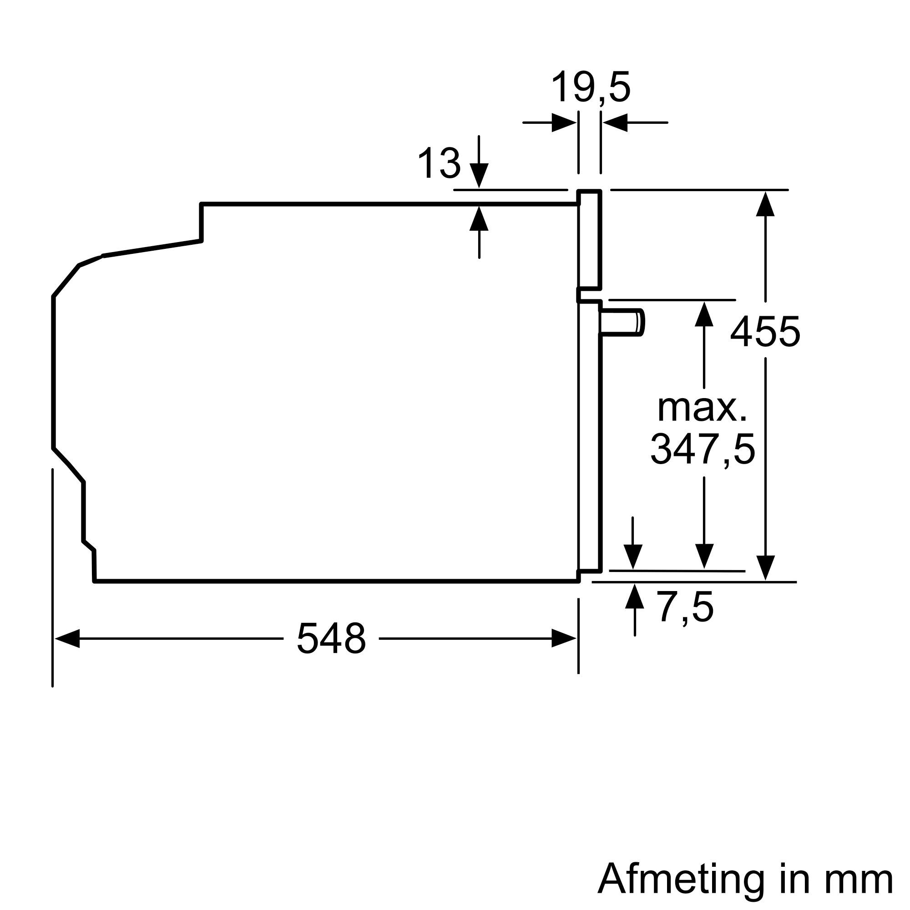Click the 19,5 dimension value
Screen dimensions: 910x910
click(590, 88)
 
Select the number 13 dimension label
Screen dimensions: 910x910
click(439, 163)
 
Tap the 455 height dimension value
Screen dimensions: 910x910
click(765, 332)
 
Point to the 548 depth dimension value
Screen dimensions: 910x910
click(331, 639)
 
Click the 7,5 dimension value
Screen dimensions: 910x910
click(686, 607)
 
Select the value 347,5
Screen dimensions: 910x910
click(702, 450)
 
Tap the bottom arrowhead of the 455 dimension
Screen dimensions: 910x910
click(765, 567)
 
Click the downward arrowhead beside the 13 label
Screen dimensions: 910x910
click(479, 176)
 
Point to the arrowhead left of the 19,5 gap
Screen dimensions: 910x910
click(564, 123)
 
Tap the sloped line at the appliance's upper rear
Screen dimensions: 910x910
click(152, 248)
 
